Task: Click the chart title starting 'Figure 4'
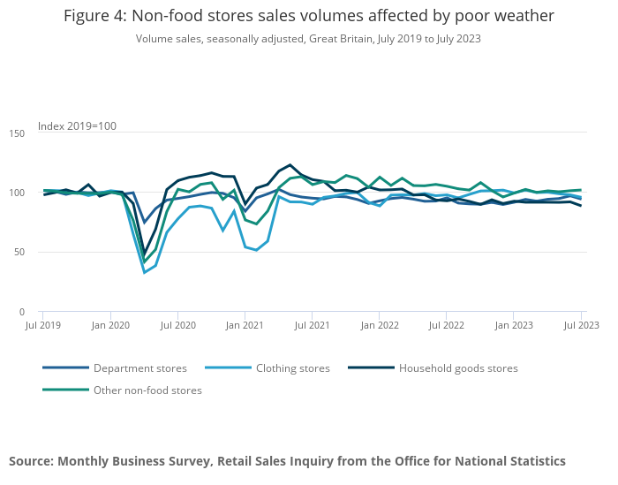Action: coord(309,16)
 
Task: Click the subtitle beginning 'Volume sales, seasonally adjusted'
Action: coord(309,39)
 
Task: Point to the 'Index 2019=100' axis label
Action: coord(77,126)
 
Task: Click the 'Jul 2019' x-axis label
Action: coord(42,326)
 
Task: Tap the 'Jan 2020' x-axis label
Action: coord(110,326)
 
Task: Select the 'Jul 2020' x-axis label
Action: coord(177,326)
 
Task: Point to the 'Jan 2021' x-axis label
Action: coord(245,326)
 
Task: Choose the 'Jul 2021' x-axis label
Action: coord(312,326)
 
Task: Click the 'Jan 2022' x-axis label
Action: coord(379,326)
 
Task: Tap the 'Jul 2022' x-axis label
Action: coord(446,326)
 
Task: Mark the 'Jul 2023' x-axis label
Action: coord(582,326)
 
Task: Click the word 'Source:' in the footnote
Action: coord(31,461)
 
